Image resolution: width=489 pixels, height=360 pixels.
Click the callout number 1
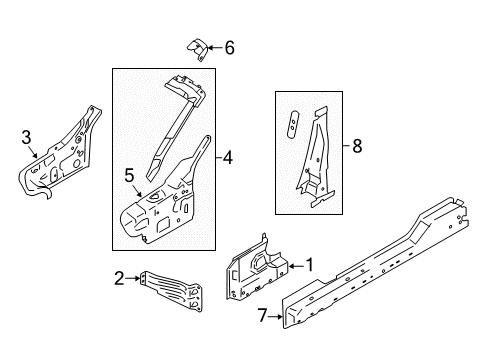pyautogui.click(x=309, y=265)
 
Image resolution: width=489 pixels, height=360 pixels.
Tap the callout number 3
pyautogui.click(x=27, y=137)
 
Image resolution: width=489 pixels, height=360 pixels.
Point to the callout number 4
pyautogui.click(x=228, y=157)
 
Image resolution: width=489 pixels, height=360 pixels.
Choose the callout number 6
pyautogui.click(x=229, y=47)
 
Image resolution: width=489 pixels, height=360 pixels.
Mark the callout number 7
pyautogui.click(x=263, y=318)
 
